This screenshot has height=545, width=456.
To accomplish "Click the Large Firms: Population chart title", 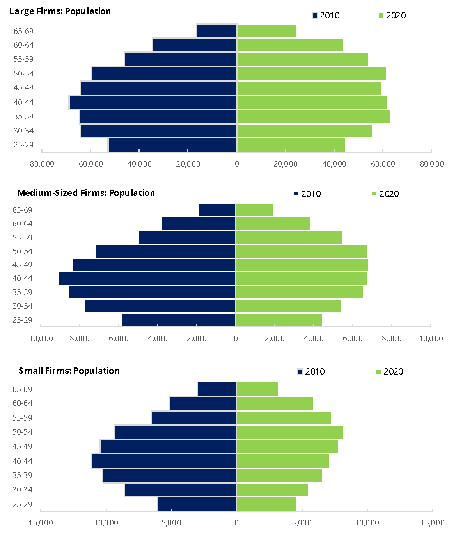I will click(x=60, y=11).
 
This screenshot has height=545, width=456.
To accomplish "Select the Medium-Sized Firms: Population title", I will click(x=86, y=193).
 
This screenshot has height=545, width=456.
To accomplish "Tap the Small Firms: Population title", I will click(x=69, y=371).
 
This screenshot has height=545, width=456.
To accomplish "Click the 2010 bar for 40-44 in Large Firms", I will click(x=153, y=102).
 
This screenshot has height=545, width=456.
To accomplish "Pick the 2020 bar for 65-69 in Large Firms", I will click(x=267, y=31).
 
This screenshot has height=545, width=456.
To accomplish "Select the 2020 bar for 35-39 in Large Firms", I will click(x=314, y=117).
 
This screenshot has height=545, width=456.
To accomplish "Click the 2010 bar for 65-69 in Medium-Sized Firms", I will click(x=217, y=210).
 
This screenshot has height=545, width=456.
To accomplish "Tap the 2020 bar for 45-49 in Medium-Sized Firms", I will click(x=302, y=265).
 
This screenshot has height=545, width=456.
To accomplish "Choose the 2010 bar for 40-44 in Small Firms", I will click(x=164, y=461).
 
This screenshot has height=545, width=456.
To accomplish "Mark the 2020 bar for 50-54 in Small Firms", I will click(x=290, y=432).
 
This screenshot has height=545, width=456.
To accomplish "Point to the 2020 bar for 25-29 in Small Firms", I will click(x=266, y=504).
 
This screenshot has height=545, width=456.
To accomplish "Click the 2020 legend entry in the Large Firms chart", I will click(x=392, y=15).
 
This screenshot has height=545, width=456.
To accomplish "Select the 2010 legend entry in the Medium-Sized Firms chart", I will click(x=307, y=194).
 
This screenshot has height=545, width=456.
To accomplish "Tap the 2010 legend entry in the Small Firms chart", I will click(x=311, y=371).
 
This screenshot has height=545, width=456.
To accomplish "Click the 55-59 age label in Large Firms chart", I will click(x=23, y=59).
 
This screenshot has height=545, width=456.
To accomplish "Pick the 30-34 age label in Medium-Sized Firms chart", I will click(x=22, y=306).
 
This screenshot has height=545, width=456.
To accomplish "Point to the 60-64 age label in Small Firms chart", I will click(x=22, y=403).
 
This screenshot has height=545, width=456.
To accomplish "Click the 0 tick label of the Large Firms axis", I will click(x=237, y=164).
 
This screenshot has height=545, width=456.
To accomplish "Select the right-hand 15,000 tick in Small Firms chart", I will click(x=432, y=523).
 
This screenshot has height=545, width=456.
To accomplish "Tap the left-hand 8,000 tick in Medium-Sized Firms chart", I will click(x=80, y=338).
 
